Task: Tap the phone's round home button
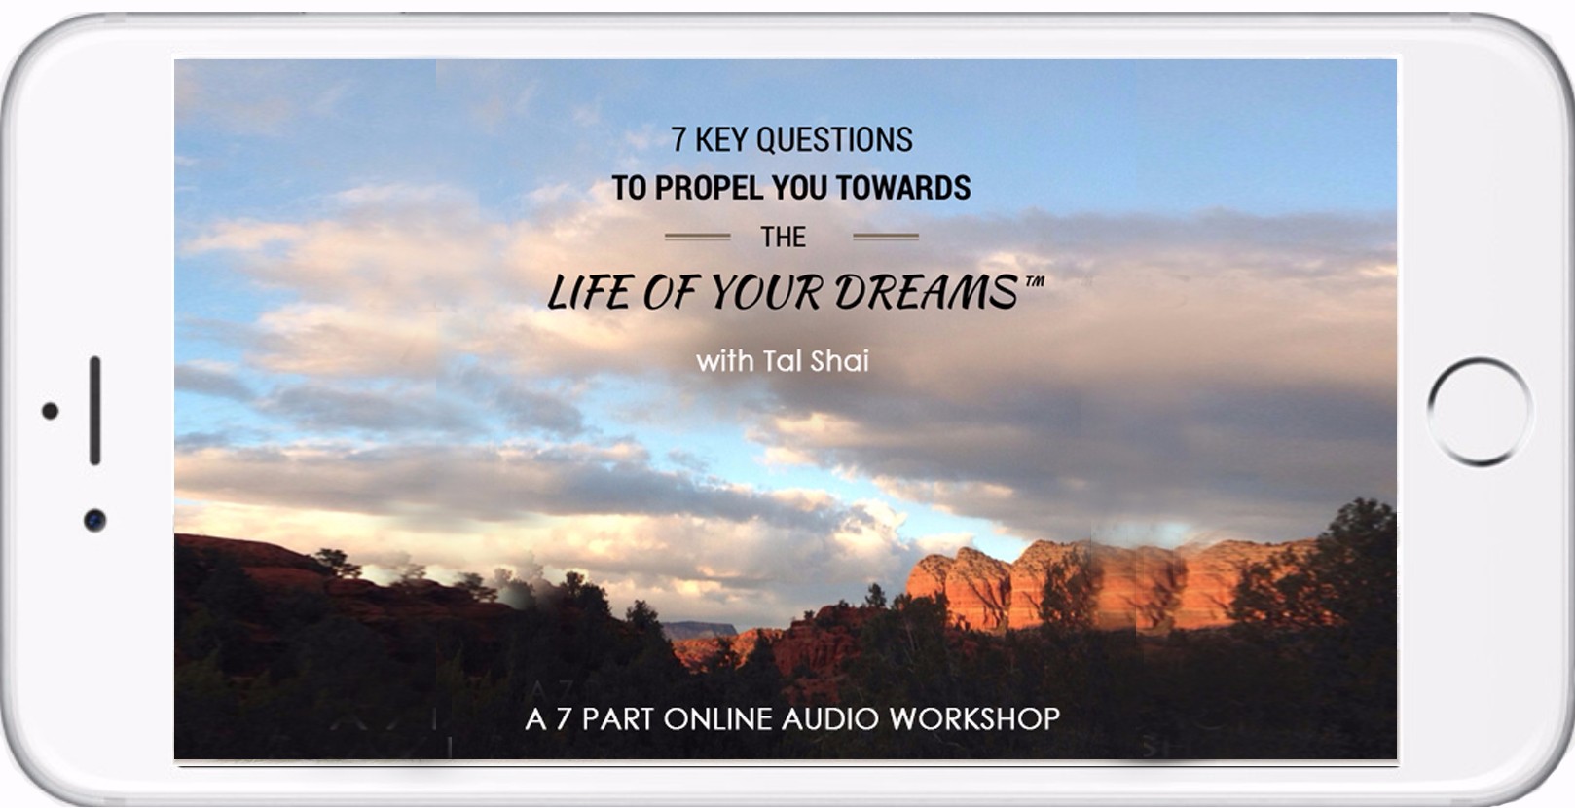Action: (x=1480, y=412)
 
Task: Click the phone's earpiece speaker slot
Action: (x=95, y=411)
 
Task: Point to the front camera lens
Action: (x=95, y=521)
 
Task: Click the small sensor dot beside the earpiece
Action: (x=50, y=411)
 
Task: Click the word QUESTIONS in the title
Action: (x=834, y=139)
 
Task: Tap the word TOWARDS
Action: (x=902, y=188)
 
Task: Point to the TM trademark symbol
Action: (x=1034, y=281)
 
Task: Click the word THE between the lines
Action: (x=784, y=237)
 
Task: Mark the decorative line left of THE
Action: (x=698, y=237)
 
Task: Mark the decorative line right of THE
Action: (x=886, y=237)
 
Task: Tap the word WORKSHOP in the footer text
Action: (x=974, y=718)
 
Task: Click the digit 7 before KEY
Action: (x=678, y=139)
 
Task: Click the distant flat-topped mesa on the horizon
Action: (x=701, y=630)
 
